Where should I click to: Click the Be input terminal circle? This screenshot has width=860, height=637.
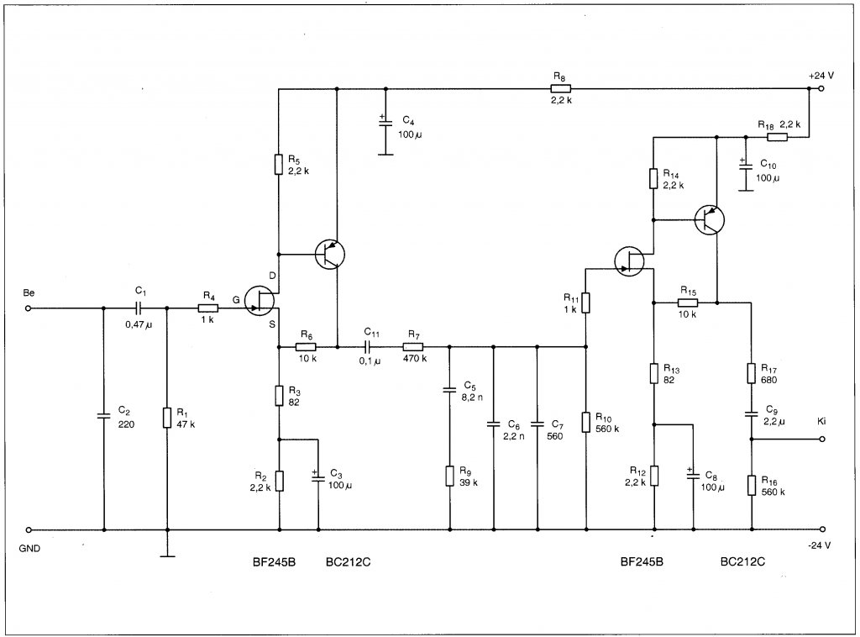pyautogui.click(x=29, y=308)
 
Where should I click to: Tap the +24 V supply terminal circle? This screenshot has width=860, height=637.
pyautogui.click(x=821, y=88)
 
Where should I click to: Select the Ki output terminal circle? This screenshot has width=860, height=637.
pyautogui.click(x=821, y=439)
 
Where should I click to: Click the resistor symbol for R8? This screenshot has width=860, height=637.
pyautogui.click(x=560, y=88)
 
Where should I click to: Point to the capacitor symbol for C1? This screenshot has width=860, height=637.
pyautogui.click(x=139, y=308)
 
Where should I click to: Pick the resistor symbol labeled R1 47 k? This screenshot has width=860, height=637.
pyautogui.click(x=167, y=418)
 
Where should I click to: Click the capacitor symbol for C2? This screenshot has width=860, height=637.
pyautogui.click(x=103, y=415)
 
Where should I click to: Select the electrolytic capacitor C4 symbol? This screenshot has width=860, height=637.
pyautogui.click(x=385, y=122)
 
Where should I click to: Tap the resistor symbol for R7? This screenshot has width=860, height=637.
pyautogui.click(x=413, y=347)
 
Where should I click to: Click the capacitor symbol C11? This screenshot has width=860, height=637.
pyautogui.click(x=370, y=347)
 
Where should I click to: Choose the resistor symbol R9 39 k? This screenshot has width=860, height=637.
pyautogui.click(x=450, y=476)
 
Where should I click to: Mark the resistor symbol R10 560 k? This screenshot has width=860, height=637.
pyautogui.click(x=585, y=422)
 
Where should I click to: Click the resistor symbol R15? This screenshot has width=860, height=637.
pyautogui.click(x=687, y=303)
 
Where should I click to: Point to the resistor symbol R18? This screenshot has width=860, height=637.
pyautogui.click(x=777, y=137)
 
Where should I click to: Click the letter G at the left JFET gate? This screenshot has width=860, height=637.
pyautogui.click(x=236, y=300)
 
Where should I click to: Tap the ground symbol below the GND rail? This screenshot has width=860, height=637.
pyautogui.click(x=167, y=555)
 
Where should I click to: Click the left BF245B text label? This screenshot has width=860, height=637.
pyautogui.click(x=275, y=562)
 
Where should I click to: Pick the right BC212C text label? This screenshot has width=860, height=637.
pyautogui.click(x=742, y=562)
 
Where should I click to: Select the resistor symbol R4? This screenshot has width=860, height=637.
pyautogui.click(x=208, y=308)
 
